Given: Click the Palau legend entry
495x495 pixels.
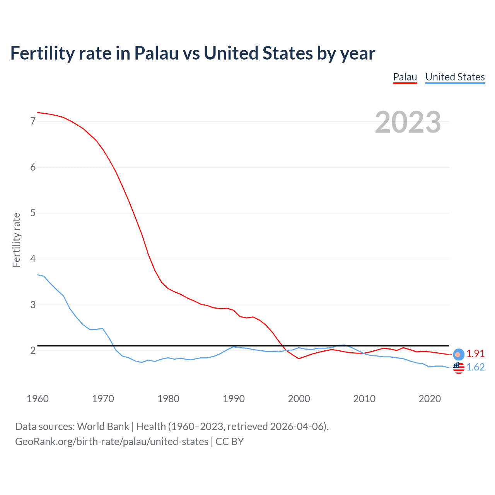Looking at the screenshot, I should pyautogui.click(x=405, y=77).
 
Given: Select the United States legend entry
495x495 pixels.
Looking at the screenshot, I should pyautogui.click(x=455, y=77).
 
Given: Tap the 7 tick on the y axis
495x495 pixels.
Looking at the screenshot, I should pyautogui.click(x=33, y=121).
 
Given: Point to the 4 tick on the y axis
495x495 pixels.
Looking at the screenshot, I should pyautogui.click(x=33, y=259).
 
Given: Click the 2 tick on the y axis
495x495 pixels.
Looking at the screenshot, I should pyautogui.click(x=33, y=350).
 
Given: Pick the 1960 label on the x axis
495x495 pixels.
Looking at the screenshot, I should pyautogui.click(x=38, y=399).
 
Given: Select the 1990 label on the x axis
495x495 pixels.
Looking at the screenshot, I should pyautogui.click(x=234, y=399).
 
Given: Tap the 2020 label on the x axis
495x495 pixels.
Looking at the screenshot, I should pyautogui.click(x=430, y=399).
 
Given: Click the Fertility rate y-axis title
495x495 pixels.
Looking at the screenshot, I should pyautogui.click(x=16, y=240).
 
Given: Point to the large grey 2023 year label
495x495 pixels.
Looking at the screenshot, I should pyautogui.click(x=408, y=122).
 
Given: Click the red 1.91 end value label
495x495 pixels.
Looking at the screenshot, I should pyautogui.click(x=475, y=353).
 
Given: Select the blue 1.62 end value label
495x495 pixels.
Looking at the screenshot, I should pyautogui.click(x=475, y=367).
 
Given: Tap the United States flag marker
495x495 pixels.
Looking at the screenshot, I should pyautogui.click(x=459, y=368).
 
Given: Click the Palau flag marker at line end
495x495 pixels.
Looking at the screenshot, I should pyautogui.click(x=459, y=354).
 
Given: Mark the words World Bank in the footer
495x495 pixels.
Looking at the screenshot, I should pyautogui.click(x=103, y=427).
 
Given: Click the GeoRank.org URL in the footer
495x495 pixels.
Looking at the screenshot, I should pyautogui.click(x=111, y=442).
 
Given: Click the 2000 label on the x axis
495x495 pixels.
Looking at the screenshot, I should pyautogui.click(x=299, y=399).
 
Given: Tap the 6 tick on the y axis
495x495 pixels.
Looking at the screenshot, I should pyautogui.click(x=33, y=167).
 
